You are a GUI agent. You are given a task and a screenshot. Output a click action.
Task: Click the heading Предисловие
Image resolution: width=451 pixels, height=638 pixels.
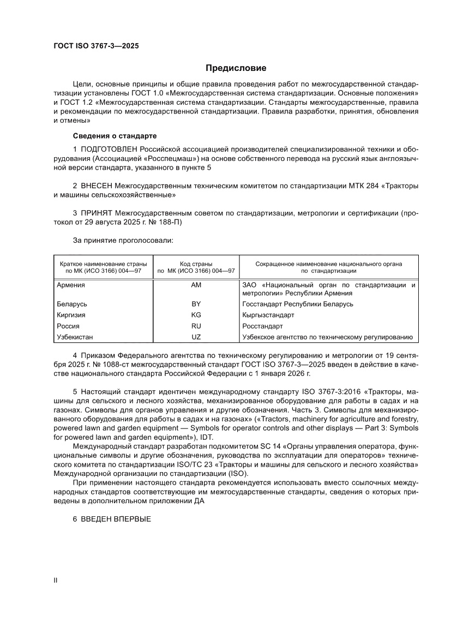(x=236, y=68)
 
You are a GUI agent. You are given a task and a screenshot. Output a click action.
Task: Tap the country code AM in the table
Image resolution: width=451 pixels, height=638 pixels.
(x=196, y=285)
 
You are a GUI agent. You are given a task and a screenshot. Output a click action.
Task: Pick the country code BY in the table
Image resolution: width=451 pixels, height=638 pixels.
(x=196, y=304)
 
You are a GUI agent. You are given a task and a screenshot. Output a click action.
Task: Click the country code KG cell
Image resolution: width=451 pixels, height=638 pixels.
(x=196, y=315)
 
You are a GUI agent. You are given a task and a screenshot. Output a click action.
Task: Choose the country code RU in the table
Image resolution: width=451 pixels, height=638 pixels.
(x=196, y=326)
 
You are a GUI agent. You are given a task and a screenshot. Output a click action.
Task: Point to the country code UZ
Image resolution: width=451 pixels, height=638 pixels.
(x=196, y=337)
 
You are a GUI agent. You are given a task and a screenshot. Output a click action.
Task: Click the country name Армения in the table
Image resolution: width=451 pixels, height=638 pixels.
(x=71, y=285)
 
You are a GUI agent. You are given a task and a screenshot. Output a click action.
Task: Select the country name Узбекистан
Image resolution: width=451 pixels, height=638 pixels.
(x=75, y=337)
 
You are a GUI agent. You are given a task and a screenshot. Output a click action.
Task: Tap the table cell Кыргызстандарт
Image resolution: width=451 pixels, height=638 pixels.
(x=268, y=315)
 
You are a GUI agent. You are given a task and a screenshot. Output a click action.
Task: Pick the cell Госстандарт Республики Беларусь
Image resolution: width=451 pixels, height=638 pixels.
(x=297, y=304)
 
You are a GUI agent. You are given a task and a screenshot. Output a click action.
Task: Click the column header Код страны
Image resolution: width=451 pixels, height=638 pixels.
(x=196, y=264)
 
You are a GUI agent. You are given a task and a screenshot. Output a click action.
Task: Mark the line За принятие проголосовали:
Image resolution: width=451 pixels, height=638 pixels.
(x=123, y=240)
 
